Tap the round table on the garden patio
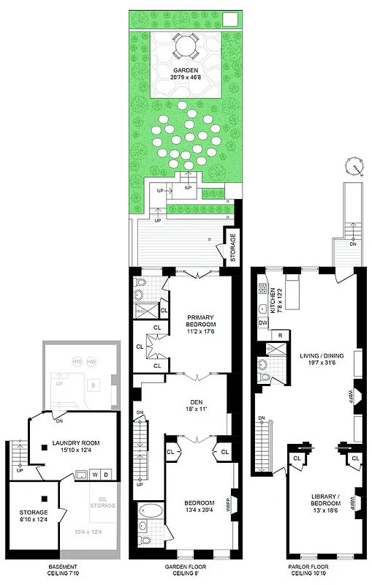click(x=185, y=47)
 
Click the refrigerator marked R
click(x=279, y=335)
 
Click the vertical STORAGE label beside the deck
click(x=233, y=248)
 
